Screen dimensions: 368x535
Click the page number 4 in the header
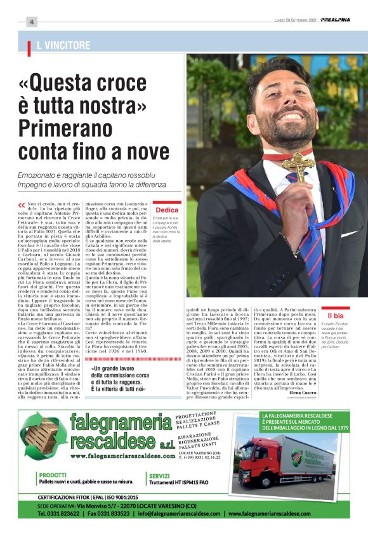30,22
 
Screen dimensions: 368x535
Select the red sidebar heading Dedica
167,210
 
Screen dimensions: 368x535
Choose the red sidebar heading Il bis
335,315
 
